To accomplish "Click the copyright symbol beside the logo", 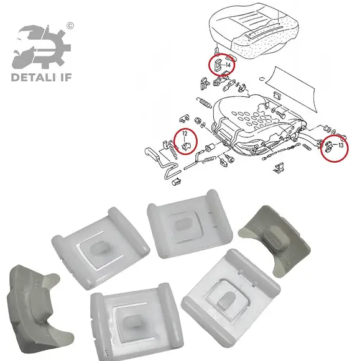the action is pos(70,25).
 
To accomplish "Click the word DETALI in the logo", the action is pos(34,77).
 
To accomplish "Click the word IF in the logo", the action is pos(65,77).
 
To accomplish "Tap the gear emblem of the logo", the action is pos(42,48).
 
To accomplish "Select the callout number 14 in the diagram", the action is pos(228,65).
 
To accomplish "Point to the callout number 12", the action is pos(185,134).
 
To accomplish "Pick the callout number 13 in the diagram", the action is pos(341,145).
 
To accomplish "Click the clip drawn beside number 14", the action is pos(218,65).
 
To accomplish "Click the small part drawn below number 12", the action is pos(186,147).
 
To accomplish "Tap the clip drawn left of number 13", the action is pos(329,146).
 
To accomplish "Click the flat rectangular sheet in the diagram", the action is pos(291,87).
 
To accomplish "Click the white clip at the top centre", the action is pos(190,224).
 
